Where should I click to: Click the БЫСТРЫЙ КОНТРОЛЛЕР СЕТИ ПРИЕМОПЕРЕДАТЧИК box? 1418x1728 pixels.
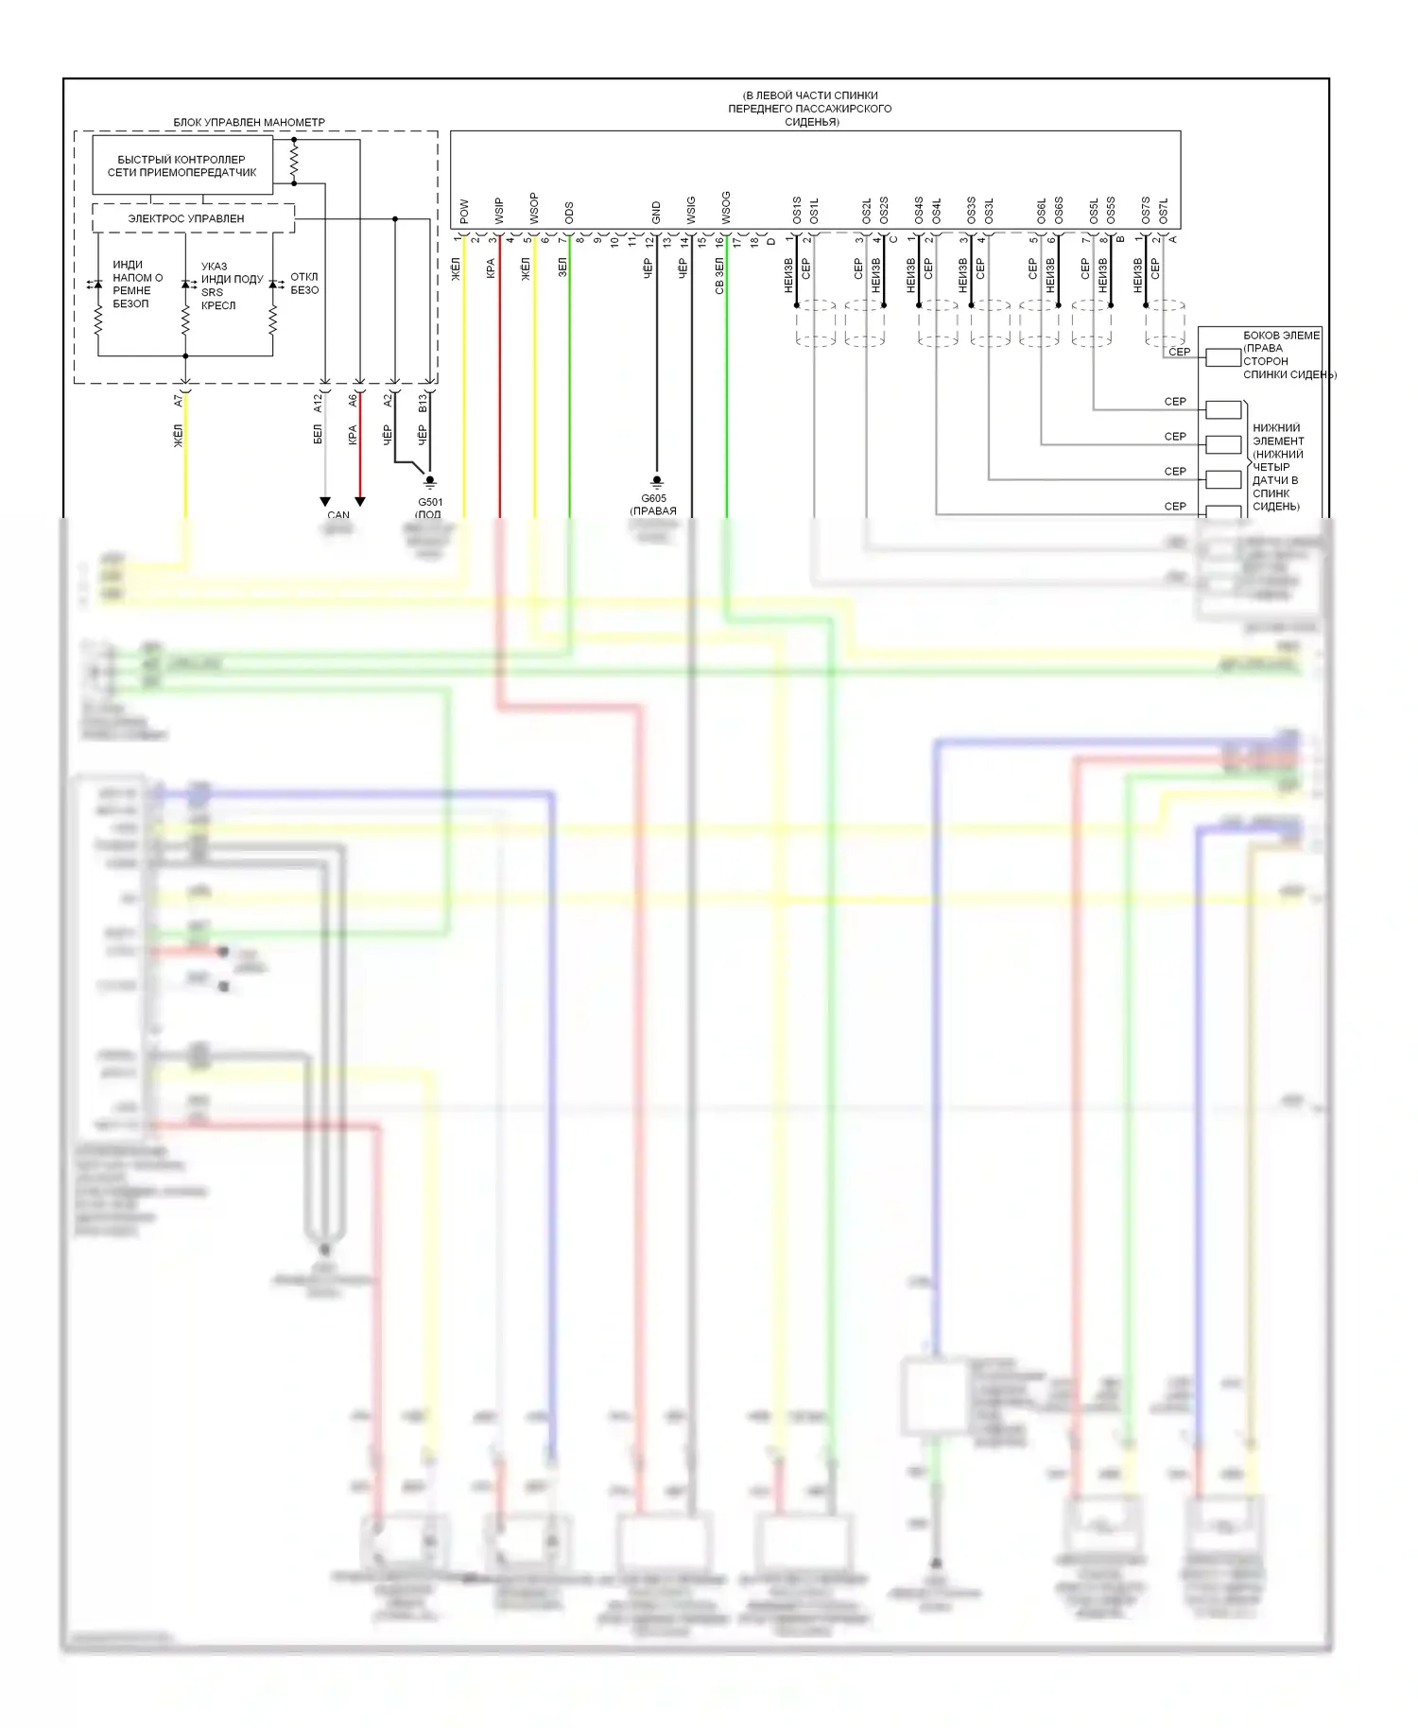click(182, 165)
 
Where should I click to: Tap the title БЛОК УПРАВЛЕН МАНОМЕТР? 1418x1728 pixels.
click(249, 122)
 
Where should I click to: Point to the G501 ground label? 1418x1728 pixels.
click(430, 502)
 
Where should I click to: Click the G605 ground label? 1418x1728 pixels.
click(653, 498)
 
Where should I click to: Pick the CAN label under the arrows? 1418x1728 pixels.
click(338, 515)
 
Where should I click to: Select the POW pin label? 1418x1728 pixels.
click(464, 211)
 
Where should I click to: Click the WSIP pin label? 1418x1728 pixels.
click(499, 210)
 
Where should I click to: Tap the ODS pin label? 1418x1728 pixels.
click(569, 212)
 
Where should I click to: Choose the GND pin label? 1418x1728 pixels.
click(656, 212)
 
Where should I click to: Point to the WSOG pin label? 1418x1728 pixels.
click(726, 208)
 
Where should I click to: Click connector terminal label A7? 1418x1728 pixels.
click(178, 401)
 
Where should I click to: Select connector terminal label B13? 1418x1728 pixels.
click(423, 403)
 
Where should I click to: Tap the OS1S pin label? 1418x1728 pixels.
click(797, 210)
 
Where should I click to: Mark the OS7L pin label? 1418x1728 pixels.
click(1164, 210)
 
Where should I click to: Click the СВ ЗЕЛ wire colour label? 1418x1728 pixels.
click(719, 276)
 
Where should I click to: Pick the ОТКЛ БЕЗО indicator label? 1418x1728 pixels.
click(304, 284)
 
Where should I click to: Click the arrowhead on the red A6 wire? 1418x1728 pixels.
click(360, 502)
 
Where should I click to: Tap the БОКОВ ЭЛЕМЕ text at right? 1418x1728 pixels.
click(1281, 336)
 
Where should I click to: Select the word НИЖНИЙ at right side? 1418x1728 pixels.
click(1276, 428)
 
